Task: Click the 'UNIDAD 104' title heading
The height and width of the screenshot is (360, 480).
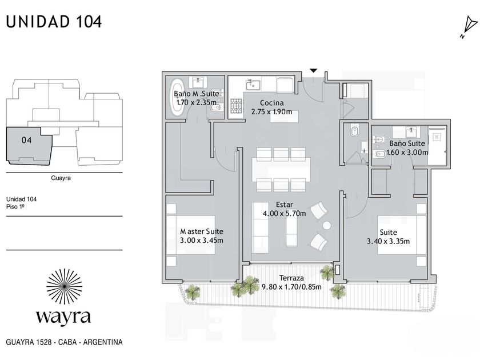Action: pos(54,22)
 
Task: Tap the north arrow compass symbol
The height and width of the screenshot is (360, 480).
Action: pos(469,27)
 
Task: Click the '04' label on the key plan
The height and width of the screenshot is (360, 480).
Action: pos(26,140)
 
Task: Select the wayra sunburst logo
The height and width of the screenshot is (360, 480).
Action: pos(64,286)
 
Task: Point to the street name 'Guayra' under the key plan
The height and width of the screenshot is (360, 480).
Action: pos(61,178)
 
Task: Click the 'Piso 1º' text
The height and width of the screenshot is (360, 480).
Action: pos(15,207)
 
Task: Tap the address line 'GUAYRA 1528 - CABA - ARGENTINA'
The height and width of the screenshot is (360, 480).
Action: pos(64,342)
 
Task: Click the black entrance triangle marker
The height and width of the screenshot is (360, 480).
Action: pos(313,71)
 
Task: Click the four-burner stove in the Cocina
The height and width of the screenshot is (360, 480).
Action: pos(237,106)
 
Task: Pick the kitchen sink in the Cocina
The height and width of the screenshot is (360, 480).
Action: pos(253,85)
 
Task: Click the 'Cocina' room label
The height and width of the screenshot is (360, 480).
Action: pos(271,103)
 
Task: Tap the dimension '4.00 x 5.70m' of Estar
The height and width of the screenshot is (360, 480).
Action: pos(284,213)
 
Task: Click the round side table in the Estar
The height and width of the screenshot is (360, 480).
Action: pos(327,226)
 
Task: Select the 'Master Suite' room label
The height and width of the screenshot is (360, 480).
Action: pos(201,231)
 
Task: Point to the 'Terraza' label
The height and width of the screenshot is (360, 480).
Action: pos(291,278)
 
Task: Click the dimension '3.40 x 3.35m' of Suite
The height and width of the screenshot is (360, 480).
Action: pos(388,241)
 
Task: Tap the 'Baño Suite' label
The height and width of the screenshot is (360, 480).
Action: pos(407,143)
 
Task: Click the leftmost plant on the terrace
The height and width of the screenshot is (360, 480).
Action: pos(193,292)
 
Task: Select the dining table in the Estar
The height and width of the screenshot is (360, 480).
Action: pos(281,169)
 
